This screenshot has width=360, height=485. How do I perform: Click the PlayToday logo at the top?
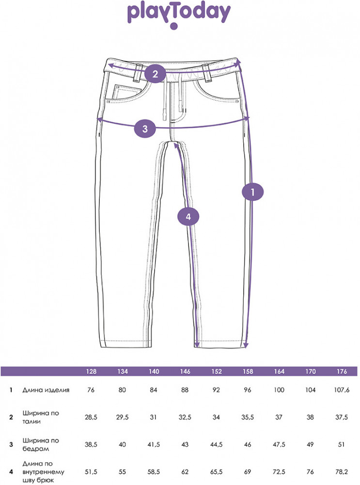pyautogui.click(x=179, y=16)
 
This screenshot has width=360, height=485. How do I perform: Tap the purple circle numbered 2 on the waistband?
pyautogui.click(x=155, y=74)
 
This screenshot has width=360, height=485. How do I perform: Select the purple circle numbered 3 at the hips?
pyautogui.click(x=145, y=129)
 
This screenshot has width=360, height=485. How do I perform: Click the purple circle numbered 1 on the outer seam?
pyautogui.click(x=252, y=193)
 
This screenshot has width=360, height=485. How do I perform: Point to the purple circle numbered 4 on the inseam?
pyautogui.click(x=188, y=217)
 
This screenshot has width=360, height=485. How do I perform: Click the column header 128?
pyautogui.click(x=91, y=371)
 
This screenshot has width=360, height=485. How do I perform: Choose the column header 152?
pyautogui.click(x=217, y=371)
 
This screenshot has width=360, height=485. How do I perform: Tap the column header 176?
pyautogui.click(x=342, y=371)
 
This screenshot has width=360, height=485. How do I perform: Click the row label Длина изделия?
pyautogui.click(x=46, y=390)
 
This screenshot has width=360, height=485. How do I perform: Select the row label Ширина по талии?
pyautogui.click(x=41, y=417)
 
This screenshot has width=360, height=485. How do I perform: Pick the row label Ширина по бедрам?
pyautogui.click(x=41, y=444)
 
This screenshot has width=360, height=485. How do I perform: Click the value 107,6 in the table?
pyautogui.click(x=342, y=390)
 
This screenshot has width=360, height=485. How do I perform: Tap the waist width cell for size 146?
pyautogui.click(x=185, y=417)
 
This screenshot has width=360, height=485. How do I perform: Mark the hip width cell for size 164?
pyautogui.click(x=279, y=444)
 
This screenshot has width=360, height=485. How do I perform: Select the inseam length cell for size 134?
pyautogui.click(x=123, y=472)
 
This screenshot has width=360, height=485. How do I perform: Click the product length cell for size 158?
pyautogui.click(x=248, y=390)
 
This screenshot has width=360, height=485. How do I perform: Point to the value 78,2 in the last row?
pyautogui.click(x=341, y=472)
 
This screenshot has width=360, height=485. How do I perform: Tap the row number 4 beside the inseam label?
pyautogui.click(x=11, y=472)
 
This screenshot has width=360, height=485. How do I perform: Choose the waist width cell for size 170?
pyautogui.click(x=310, y=417)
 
